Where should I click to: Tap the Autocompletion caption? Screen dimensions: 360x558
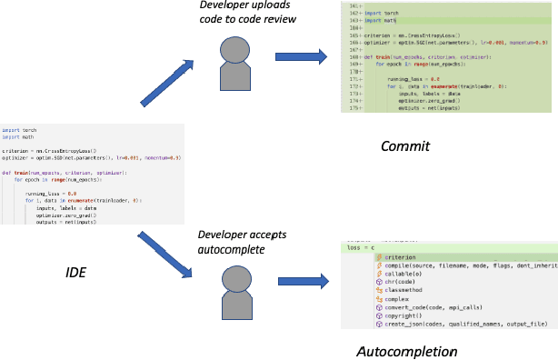[406, 350]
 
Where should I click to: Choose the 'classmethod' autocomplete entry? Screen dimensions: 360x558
[409, 289]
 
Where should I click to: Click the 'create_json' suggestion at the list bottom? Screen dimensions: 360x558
[454, 322]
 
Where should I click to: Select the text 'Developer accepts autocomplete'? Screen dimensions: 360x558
[243, 240]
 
